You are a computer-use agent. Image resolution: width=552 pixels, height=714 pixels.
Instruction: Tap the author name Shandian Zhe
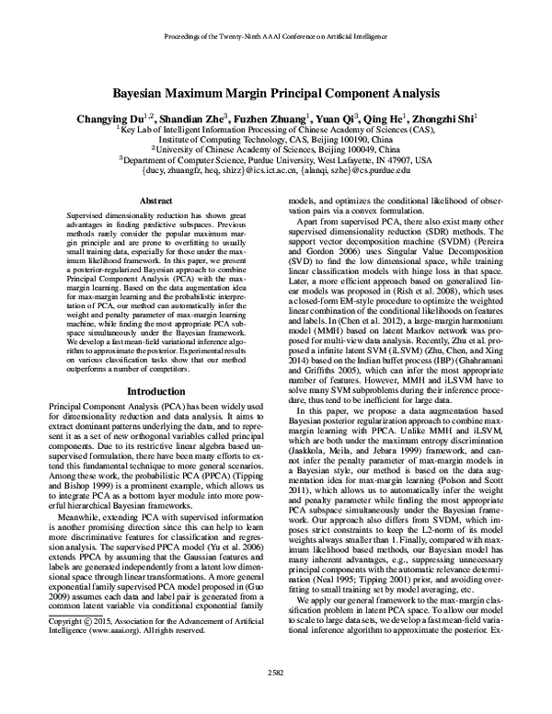[217, 119]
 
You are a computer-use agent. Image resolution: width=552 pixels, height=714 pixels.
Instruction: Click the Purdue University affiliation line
[276, 158]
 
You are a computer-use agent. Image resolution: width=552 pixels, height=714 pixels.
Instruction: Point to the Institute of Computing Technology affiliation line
[276, 139]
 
